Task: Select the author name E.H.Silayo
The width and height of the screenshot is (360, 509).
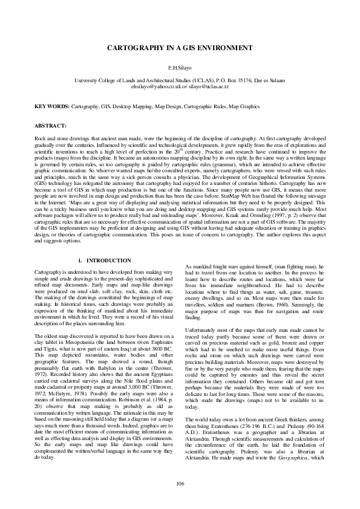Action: pos(180,71)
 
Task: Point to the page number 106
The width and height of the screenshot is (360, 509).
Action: pos(180,482)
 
